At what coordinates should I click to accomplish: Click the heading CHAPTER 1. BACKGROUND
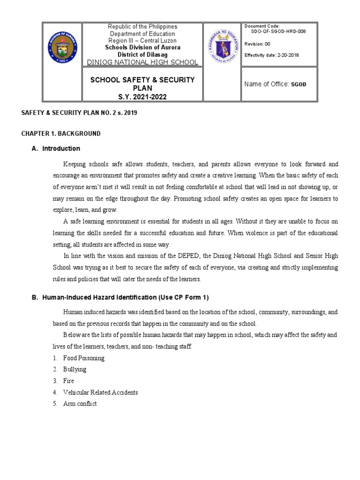click(x=61, y=134)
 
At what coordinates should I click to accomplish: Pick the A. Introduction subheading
click(x=61, y=149)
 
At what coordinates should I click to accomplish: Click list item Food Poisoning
click(x=84, y=358)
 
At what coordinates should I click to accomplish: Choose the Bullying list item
click(x=75, y=369)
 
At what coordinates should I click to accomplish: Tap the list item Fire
click(x=68, y=381)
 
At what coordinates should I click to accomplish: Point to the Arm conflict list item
click(x=80, y=404)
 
